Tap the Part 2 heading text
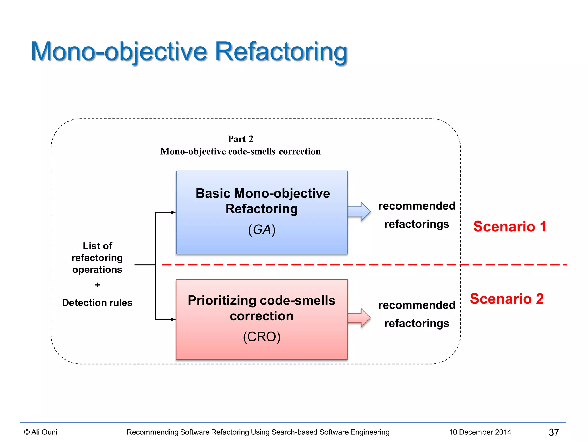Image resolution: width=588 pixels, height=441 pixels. click(x=240, y=139)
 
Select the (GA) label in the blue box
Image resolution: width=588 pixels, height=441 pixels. click(x=262, y=230)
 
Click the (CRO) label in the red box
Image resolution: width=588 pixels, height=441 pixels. click(x=262, y=337)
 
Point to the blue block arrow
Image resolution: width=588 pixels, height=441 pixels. click(x=359, y=211)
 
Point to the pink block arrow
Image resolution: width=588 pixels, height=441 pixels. click(x=359, y=318)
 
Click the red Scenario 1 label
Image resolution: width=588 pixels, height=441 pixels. click(x=510, y=227)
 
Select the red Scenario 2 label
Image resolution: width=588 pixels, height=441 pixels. click(x=506, y=299)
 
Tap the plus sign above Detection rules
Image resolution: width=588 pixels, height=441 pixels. click(x=97, y=285)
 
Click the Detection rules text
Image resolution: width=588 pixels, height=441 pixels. click(x=97, y=303)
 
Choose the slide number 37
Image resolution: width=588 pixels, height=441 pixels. click(x=554, y=432)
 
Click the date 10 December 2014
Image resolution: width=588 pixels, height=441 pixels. click(x=480, y=432)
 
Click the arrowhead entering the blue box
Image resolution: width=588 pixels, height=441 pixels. click(x=173, y=212)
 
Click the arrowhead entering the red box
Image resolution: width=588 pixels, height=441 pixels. click(x=173, y=319)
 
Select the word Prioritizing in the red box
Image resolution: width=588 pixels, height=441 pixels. click(x=222, y=301)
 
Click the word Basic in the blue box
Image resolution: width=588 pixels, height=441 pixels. click(x=213, y=193)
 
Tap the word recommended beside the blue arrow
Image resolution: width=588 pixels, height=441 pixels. click(x=417, y=206)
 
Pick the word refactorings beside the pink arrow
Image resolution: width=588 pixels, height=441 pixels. click(x=417, y=324)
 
